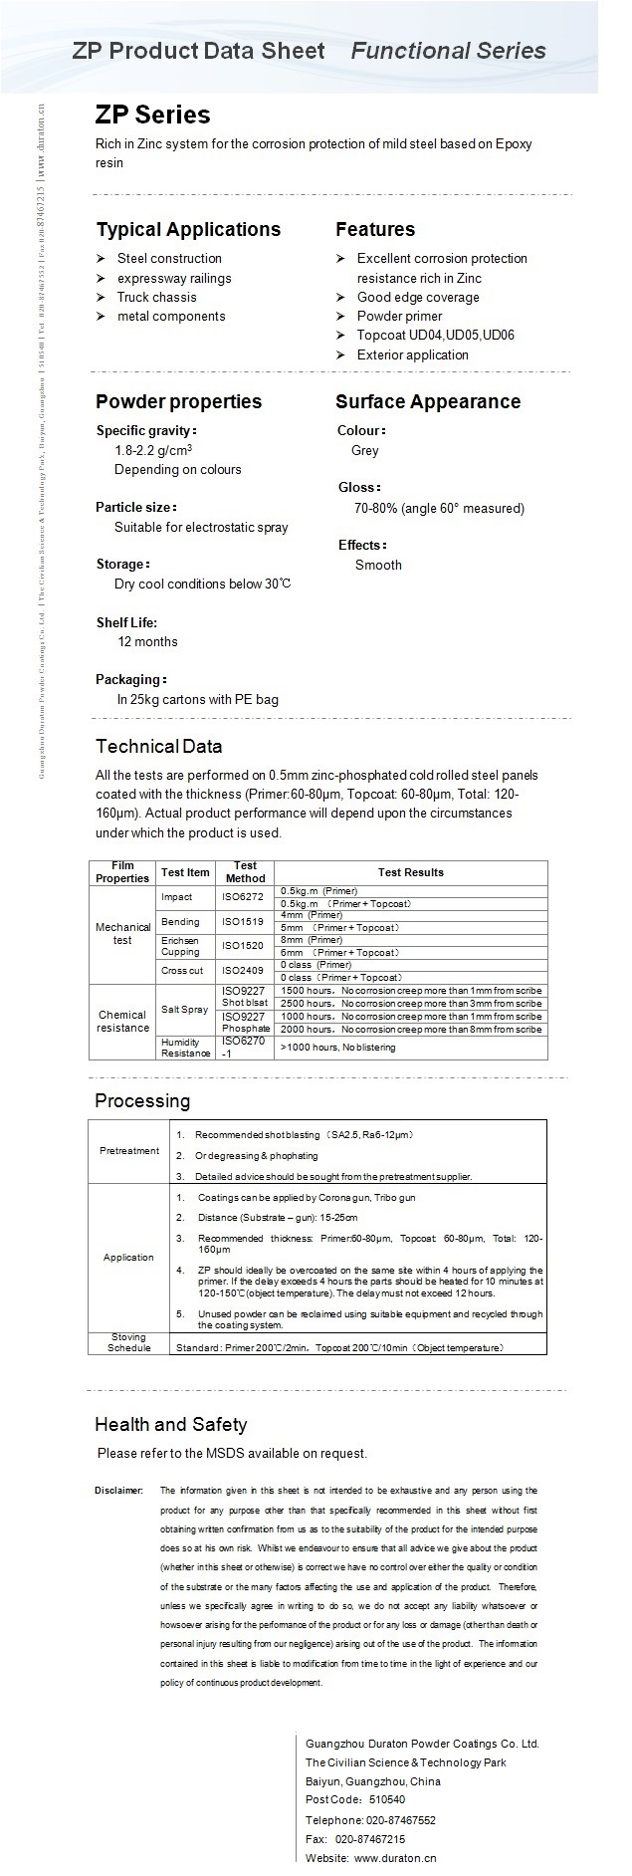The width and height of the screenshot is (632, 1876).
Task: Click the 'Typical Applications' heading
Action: pos(188,230)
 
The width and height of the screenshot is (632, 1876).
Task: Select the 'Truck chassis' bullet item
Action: pos(156,297)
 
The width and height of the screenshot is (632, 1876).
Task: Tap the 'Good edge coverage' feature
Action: pos(418,297)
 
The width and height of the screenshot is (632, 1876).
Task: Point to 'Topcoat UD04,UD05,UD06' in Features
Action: pos(436,336)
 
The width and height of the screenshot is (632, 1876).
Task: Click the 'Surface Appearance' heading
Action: pos(427,401)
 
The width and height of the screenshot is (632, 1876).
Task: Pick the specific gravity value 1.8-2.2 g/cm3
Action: pos(153,450)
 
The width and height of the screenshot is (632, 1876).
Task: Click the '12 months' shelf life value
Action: pos(147,641)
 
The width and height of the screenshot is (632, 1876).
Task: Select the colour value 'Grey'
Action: pos(364,450)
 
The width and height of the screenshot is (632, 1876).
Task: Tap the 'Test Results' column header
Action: pos(410,872)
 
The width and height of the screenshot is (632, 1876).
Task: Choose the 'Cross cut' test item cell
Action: pos(181,970)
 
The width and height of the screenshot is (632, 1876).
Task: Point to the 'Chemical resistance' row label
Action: pos(122,1021)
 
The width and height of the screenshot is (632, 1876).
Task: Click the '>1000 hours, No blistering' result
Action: pos(337,1048)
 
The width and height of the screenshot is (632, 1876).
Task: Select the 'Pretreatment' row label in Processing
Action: pos(129,1150)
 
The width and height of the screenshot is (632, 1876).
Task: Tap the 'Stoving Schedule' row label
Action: pos(128,1342)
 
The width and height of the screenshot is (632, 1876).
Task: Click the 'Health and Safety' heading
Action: pos(170,1424)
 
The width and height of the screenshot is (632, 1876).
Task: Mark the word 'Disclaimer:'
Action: pos(118,1491)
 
